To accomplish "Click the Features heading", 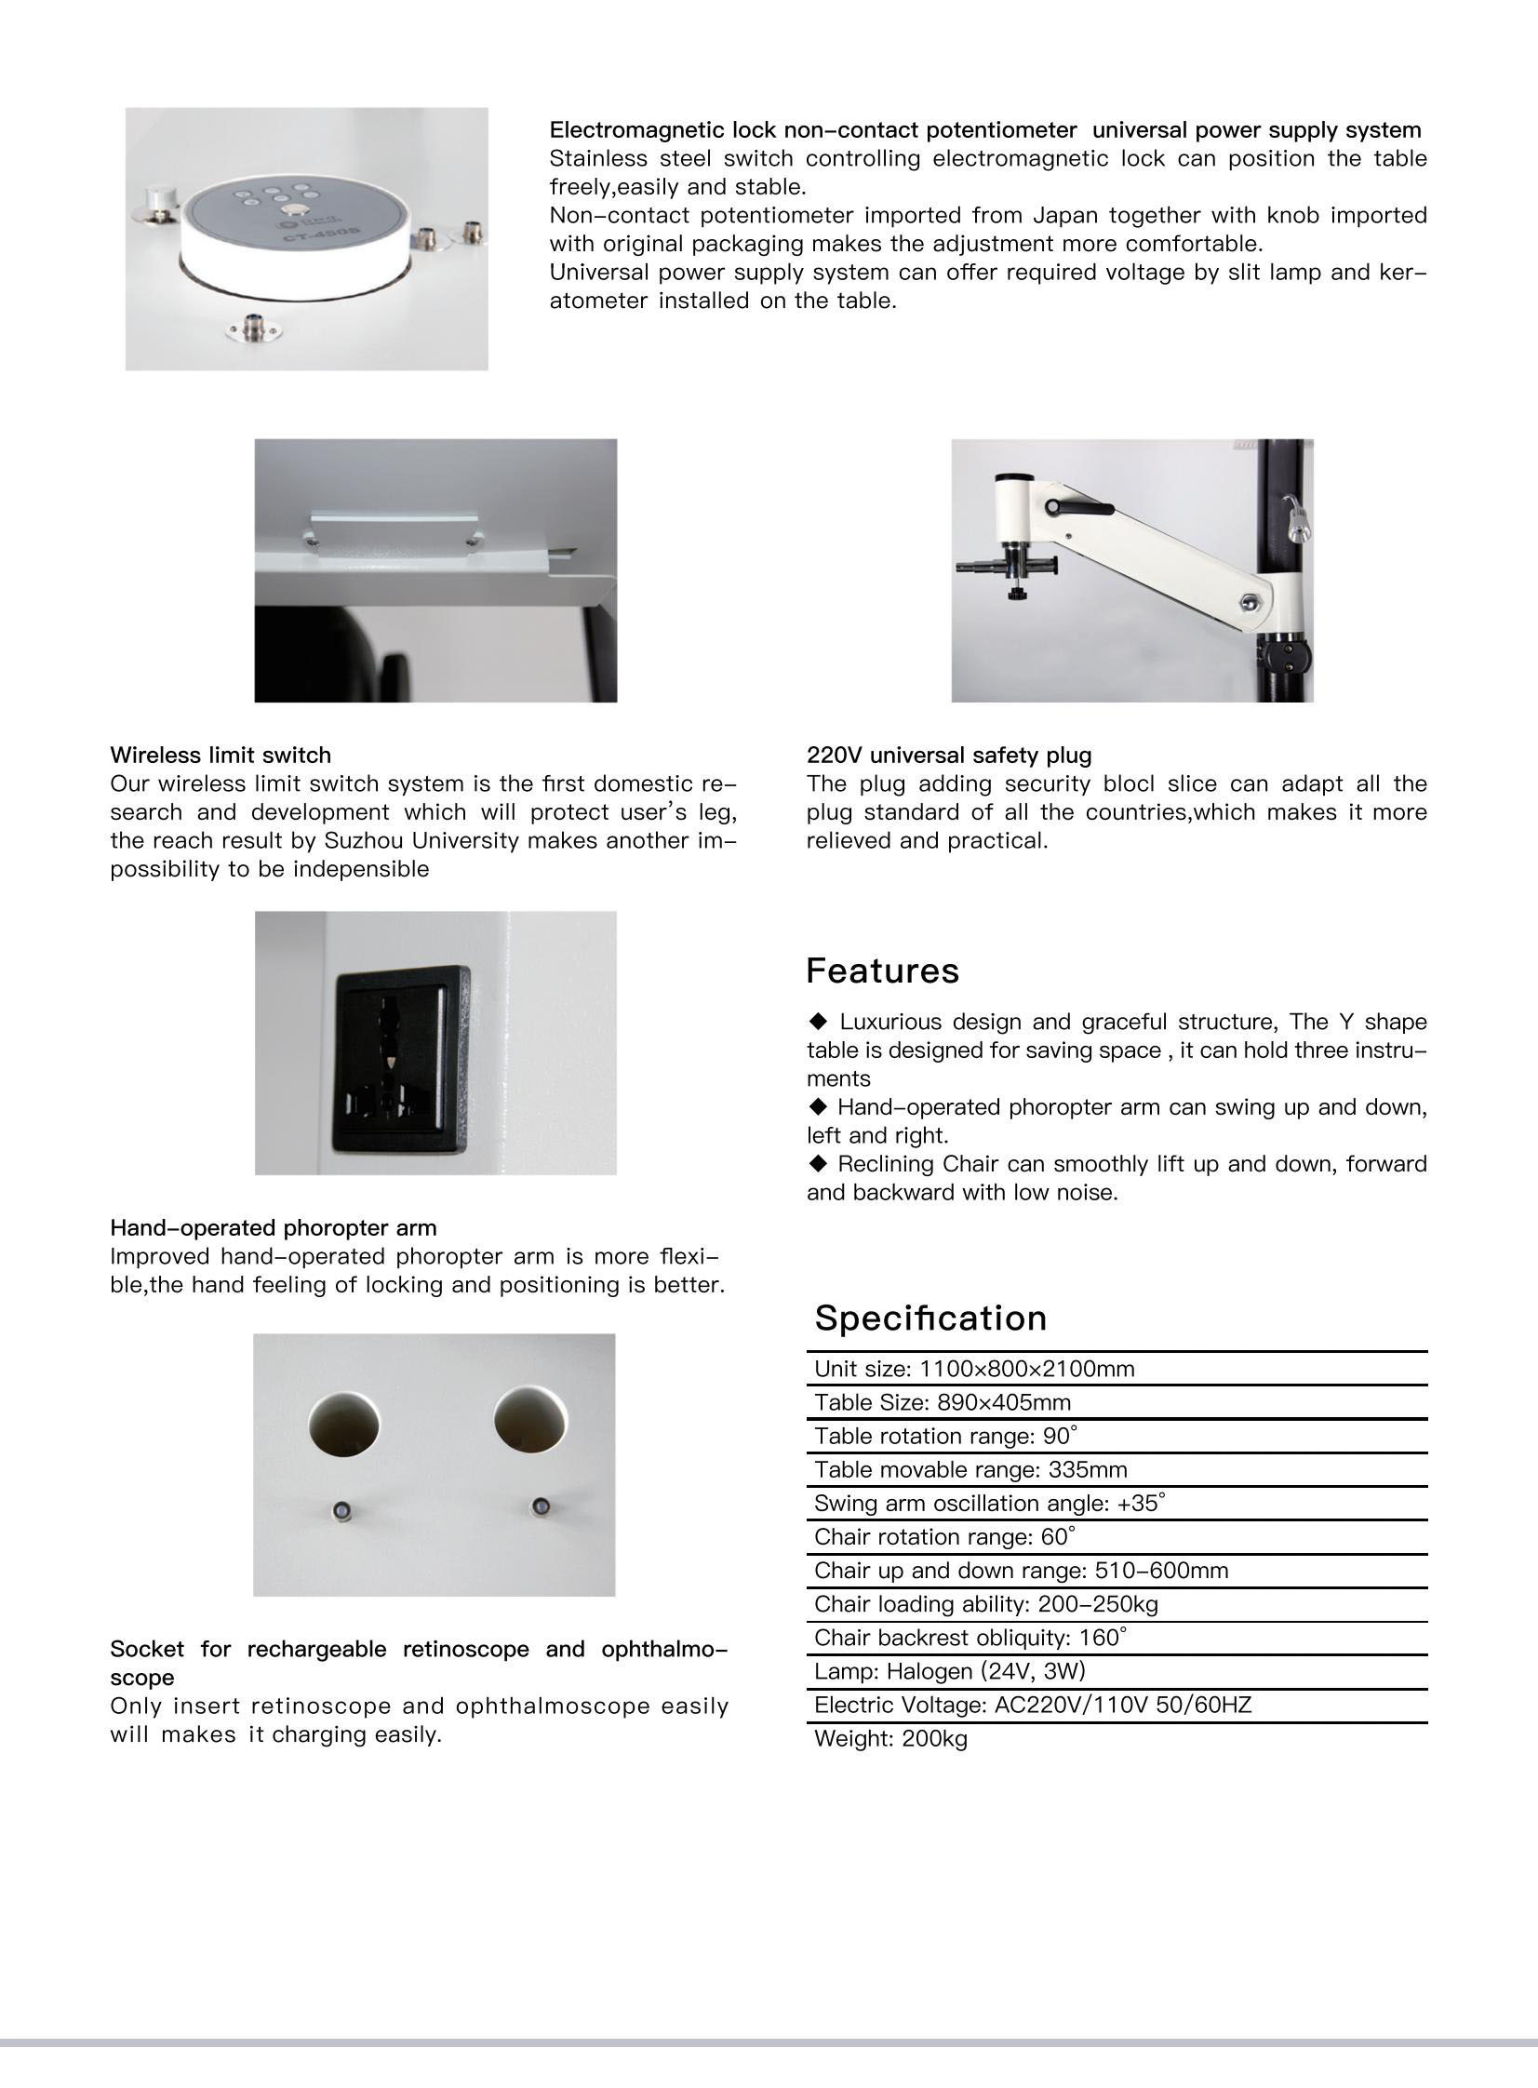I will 882,970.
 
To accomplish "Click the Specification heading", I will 930,1318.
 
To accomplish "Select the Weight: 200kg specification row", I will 891,1738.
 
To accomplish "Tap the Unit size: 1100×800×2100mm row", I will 974,1369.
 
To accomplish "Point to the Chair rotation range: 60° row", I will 944,1537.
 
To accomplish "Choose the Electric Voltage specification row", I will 1033,1705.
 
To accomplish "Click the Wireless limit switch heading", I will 221,755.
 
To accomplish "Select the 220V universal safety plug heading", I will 949,755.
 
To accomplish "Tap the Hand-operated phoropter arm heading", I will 273,1228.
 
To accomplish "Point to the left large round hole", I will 344,1425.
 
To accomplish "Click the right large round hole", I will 529,1423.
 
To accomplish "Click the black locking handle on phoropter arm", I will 1079,508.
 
